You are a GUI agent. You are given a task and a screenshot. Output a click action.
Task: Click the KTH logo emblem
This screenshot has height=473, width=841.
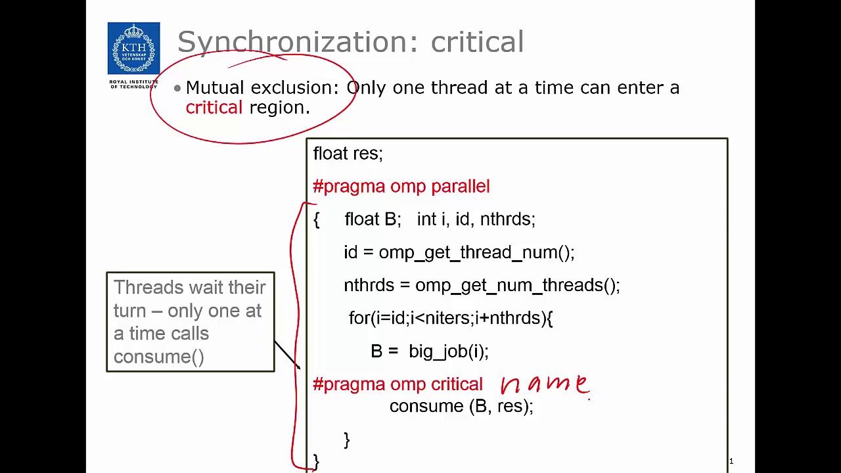tap(133, 49)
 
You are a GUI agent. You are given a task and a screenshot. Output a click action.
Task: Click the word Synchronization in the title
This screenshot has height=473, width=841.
tap(293, 42)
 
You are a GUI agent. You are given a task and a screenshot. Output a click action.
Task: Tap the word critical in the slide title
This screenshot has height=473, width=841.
tap(477, 42)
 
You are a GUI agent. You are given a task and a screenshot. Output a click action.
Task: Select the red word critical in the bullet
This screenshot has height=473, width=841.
tap(214, 108)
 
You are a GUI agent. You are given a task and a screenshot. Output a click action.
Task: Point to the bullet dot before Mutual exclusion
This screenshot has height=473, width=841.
tap(177, 88)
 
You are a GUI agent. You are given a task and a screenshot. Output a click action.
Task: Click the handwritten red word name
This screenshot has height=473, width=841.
tap(545, 384)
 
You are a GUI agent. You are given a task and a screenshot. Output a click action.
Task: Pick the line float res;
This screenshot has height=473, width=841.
tap(348, 154)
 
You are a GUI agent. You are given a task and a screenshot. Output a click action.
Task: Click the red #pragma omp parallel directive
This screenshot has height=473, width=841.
tap(401, 187)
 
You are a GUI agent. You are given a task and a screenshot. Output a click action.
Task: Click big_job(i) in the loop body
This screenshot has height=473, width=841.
tap(447, 351)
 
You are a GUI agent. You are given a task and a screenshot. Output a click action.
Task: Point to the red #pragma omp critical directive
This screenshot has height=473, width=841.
tap(398, 384)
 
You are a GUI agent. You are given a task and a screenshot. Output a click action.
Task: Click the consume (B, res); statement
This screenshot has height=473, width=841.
tap(461, 407)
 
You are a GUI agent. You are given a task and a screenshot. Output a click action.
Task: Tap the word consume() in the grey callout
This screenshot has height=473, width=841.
tap(159, 357)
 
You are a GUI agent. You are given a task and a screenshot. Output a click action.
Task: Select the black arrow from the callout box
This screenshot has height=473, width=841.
tap(286, 355)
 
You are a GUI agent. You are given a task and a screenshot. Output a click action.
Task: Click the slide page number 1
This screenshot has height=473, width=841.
tap(731, 461)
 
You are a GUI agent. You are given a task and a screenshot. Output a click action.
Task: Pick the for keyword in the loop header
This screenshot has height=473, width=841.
tap(359, 318)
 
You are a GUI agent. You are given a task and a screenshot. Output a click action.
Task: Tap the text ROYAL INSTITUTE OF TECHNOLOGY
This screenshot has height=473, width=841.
tap(133, 84)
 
